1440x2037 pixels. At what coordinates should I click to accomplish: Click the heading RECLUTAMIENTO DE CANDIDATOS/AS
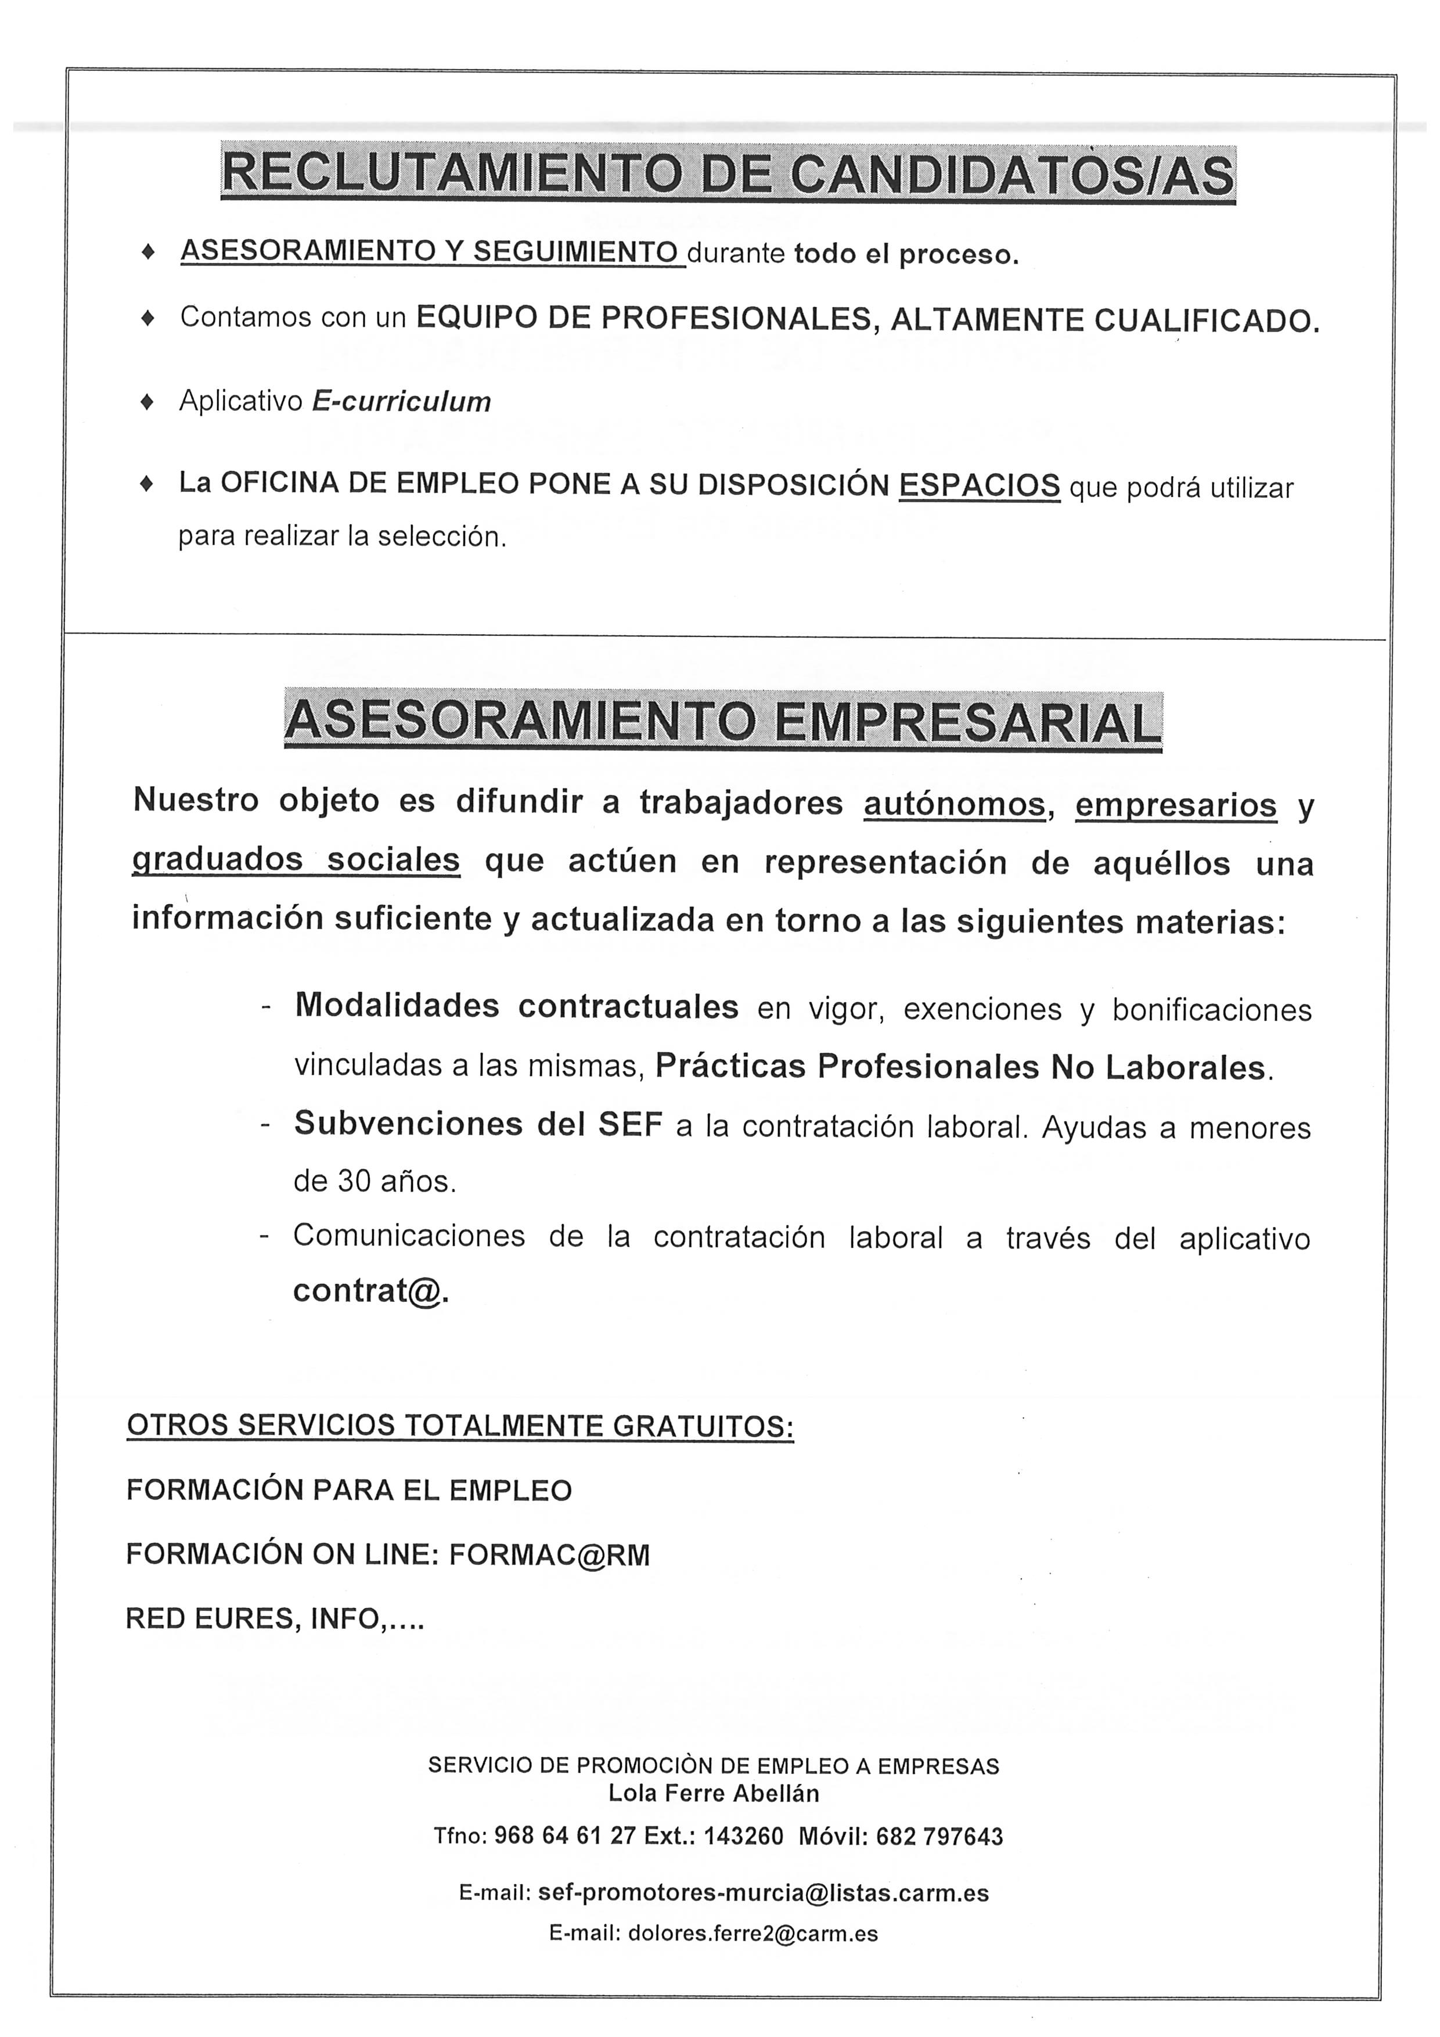pos(728,174)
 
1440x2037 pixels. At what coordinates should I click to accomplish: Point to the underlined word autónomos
pos(954,805)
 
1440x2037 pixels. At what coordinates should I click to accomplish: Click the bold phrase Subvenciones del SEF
pos(478,1125)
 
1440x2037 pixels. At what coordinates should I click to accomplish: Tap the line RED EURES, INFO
pos(275,1619)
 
